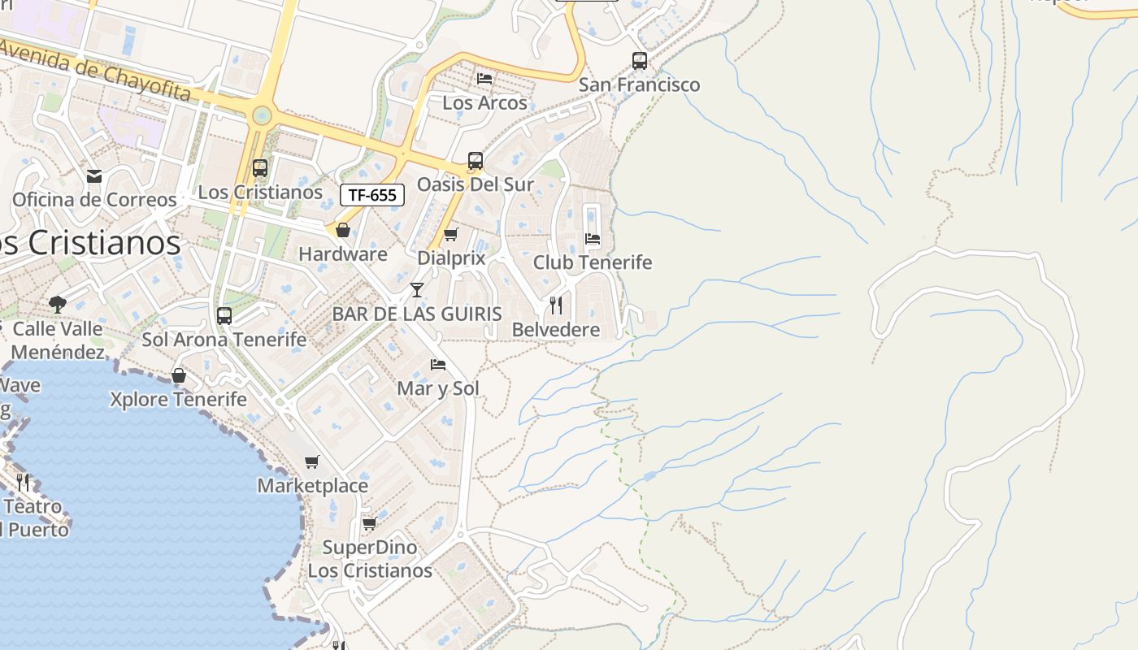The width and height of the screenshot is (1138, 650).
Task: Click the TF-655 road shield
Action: pyautogui.click(x=372, y=195)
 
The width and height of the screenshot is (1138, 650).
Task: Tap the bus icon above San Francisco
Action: pyautogui.click(x=640, y=60)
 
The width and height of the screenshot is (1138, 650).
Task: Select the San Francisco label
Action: pyautogui.click(x=639, y=84)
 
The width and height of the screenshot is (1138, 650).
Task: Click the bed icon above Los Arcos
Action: pyautogui.click(x=485, y=79)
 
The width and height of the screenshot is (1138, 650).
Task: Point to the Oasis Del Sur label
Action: pyautogui.click(x=476, y=184)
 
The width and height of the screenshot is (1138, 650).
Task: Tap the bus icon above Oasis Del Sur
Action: pyautogui.click(x=476, y=161)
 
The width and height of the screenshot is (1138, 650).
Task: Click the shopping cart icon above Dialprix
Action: pyautogui.click(x=451, y=235)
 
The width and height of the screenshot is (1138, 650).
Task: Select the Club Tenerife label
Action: pyautogui.click(x=593, y=262)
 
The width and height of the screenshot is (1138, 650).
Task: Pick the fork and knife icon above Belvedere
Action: pyautogui.click(x=556, y=305)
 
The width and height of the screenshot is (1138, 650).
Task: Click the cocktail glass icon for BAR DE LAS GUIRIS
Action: pyautogui.click(x=417, y=290)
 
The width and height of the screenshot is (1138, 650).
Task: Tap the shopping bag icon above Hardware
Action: pyautogui.click(x=343, y=231)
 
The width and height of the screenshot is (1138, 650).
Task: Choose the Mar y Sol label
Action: pyautogui.click(x=438, y=388)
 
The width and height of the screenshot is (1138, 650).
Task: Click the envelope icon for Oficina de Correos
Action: pyautogui.click(x=94, y=176)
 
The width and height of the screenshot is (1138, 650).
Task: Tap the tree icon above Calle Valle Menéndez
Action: pyautogui.click(x=57, y=305)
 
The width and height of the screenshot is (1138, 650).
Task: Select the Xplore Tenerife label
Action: pyautogui.click(x=178, y=400)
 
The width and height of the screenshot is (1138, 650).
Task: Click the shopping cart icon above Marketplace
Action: pyautogui.click(x=312, y=462)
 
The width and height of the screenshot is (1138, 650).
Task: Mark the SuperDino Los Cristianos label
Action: pyautogui.click(x=370, y=559)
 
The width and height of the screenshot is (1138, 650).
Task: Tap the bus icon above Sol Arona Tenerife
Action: pyautogui.click(x=224, y=316)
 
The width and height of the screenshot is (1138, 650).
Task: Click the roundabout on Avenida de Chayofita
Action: pyautogui.click(x=261, y=115)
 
